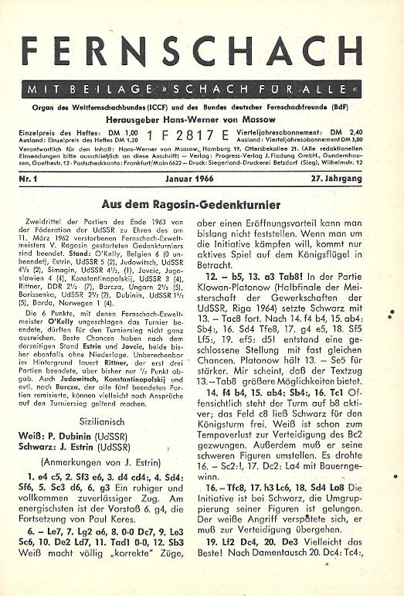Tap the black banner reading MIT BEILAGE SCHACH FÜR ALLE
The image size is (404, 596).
click(x=202, y=88)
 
